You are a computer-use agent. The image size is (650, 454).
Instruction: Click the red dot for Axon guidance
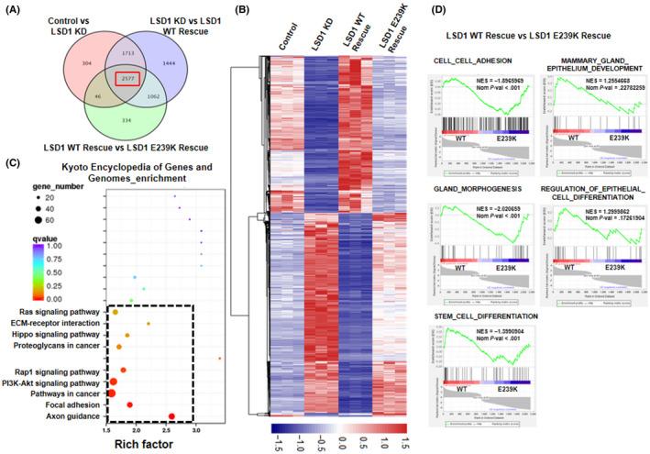point(171,417)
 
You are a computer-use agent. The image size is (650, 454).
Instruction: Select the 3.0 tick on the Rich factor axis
point(195,429)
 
